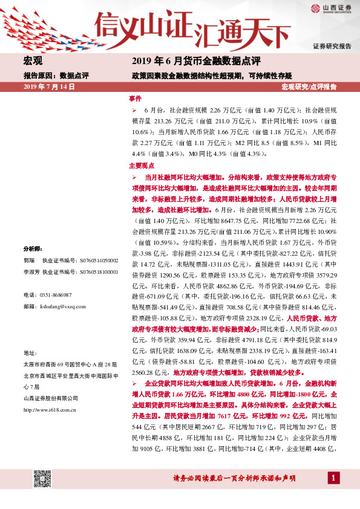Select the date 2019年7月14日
(x=48, y=88)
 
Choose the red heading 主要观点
(x=142, y=165)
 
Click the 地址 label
(x=30, y=352)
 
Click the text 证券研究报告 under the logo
(x=332, y=47)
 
